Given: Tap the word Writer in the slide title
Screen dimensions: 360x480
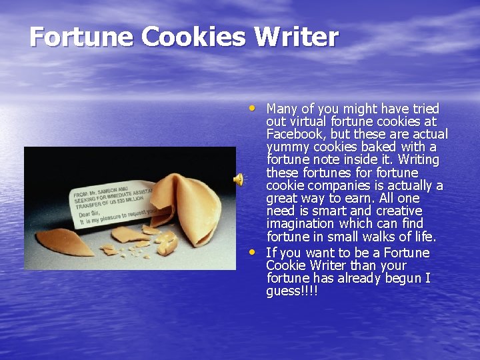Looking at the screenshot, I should (x=303, y=37).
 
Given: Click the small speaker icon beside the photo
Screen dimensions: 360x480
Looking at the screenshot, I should (x=237, y=179).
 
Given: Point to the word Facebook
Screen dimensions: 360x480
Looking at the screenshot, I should (x=297, y=134).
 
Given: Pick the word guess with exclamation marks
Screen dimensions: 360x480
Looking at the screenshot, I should (x=291, y=291).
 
